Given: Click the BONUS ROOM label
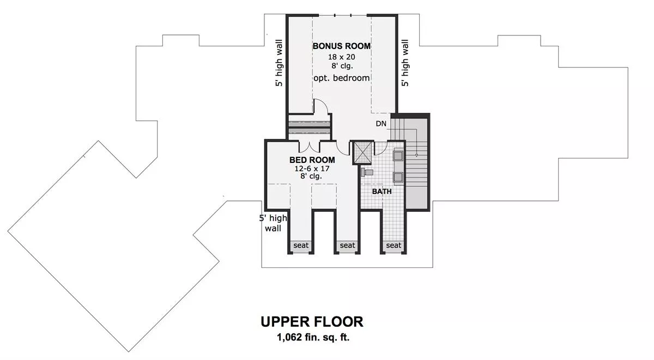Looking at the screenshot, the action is coord(342,46).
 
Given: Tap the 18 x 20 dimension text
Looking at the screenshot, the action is coord(341,57).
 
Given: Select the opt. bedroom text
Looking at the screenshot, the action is coord(342,78).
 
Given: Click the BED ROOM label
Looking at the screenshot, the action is coord(312,160).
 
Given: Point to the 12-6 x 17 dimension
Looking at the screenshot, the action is coord(312,169).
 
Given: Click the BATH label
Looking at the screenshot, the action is coord(382,191).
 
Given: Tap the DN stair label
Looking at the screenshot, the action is coord(381,124).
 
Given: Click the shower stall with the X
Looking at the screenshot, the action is coord(363,152).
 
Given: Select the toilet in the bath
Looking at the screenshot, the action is coord(367,172).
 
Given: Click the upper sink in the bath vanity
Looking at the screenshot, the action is coord(398,156).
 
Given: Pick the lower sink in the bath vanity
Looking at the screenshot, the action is coord(398,177).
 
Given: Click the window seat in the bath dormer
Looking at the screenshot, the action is coord(393,245).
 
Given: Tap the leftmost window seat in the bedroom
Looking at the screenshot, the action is coord(301,245).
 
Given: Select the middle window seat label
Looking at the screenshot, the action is coord(348,245).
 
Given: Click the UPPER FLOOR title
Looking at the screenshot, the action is coord(312,322).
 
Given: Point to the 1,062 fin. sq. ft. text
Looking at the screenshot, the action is coord(313,338).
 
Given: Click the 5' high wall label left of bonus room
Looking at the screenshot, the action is coord(279,63).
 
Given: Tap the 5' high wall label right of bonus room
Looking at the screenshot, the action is coord(405,63).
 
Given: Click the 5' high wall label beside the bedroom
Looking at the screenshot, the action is coord(273,223).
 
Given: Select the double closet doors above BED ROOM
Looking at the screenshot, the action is coord(310,147).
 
